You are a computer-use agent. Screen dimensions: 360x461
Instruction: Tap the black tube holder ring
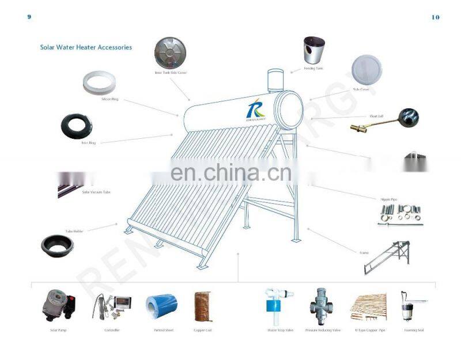coord(57,245)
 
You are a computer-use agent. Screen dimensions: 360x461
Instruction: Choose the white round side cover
coord(366,70)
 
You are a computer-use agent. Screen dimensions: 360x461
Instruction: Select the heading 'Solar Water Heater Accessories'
coord(86,47)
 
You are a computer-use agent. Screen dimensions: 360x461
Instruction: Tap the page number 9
coord(29,17)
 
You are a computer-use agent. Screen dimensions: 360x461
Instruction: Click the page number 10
coord(435,17)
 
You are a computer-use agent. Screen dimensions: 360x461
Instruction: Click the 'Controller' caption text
coord(111,330)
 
